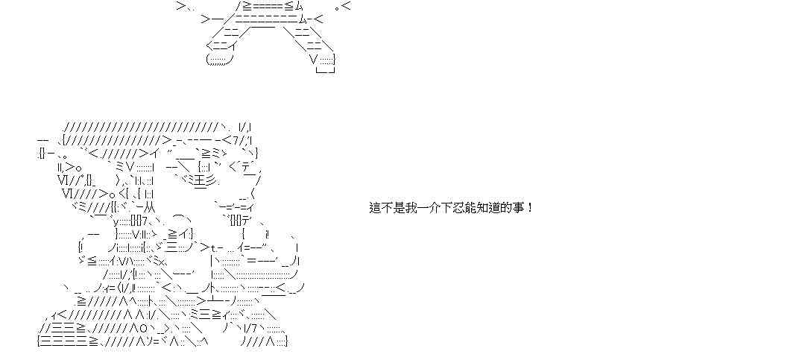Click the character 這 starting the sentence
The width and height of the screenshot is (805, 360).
pyautogui.click(x=376, y=207)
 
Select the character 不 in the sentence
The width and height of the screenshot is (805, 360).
pyautogui.click(x=388, y=207)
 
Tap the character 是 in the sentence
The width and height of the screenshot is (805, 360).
pyautogui.click(x=400, y=207)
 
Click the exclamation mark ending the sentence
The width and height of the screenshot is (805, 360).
pyautogui.click(x=530, y=207)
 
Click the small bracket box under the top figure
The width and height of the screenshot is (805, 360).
pyautogui.click(x=326, y=70)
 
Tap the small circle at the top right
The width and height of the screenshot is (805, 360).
pyautogui.click(x=337, y=7)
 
